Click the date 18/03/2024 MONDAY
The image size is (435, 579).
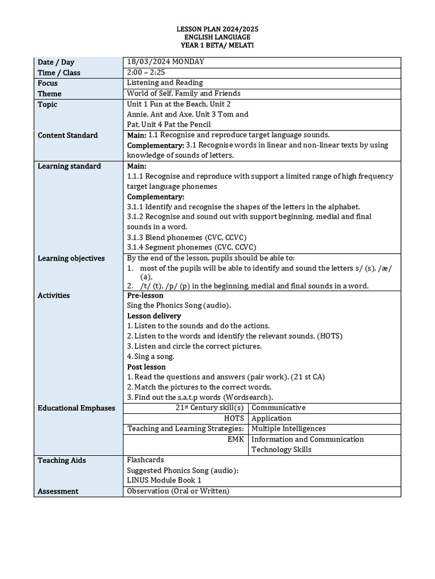click(x=165, y=62)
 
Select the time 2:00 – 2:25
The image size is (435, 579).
click(x=146, y=72)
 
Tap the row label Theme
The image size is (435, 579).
click(x=50, y=94)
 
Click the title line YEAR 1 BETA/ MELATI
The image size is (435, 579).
click(x=217, y=45)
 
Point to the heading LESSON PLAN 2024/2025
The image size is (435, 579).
click(x=217, y=28)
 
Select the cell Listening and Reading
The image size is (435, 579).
click(x=165, y=83)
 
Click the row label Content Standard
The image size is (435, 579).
click(x=67, y=135)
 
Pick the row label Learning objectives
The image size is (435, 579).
click(x=71, y=258)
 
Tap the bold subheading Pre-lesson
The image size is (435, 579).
click(x=145, y=295)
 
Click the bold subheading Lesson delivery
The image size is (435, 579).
click(x=154, y=316)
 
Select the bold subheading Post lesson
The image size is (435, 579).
click(x=146, y=367)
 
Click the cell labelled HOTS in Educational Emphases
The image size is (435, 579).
click(x=234, y=418)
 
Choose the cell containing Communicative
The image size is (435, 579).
click(x=278, y=408)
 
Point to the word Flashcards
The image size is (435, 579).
click(x=146, y=460)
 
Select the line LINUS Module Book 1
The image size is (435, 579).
click(x=164, y=481)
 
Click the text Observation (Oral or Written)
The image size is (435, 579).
click(x=178, y=491)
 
